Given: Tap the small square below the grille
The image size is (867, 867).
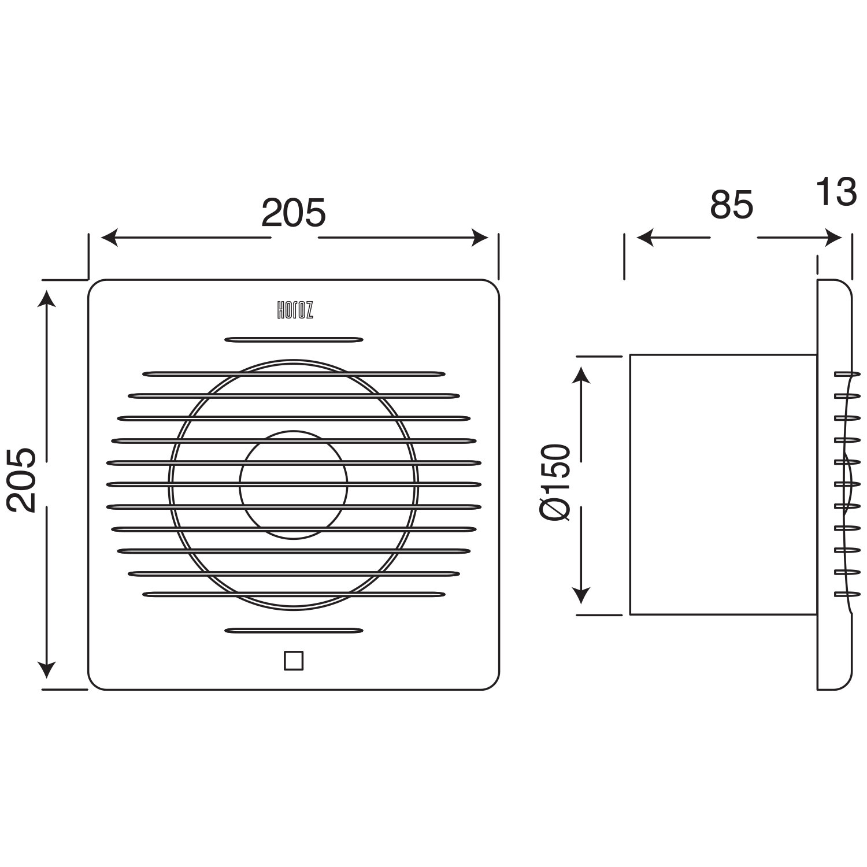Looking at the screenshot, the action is point(294,660).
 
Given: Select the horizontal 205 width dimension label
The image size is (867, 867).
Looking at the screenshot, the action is point(294,213).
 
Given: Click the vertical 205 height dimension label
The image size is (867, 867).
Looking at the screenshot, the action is point(23,480).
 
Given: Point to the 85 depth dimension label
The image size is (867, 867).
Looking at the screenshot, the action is point(732,205).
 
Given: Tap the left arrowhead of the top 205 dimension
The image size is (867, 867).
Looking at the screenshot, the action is point(110,238).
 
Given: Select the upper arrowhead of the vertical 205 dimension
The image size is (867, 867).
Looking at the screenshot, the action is point(47,299).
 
